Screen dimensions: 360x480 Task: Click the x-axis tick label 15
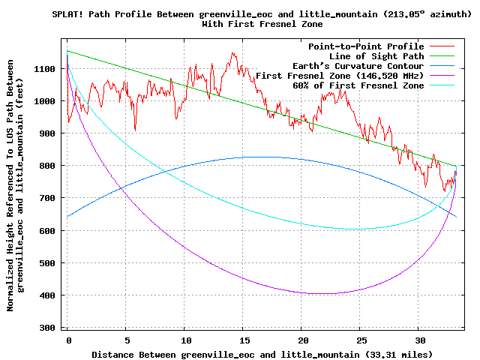coord(243,340)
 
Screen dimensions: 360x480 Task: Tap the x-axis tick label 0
coord(68,340)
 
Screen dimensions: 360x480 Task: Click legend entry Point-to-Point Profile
coord(366,46)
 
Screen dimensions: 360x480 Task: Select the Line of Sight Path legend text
coord(376,56)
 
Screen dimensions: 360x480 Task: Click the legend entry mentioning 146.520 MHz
coord(345,76)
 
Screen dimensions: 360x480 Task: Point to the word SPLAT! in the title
coord(68,14)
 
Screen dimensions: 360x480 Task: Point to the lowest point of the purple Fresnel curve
coord(321,293)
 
